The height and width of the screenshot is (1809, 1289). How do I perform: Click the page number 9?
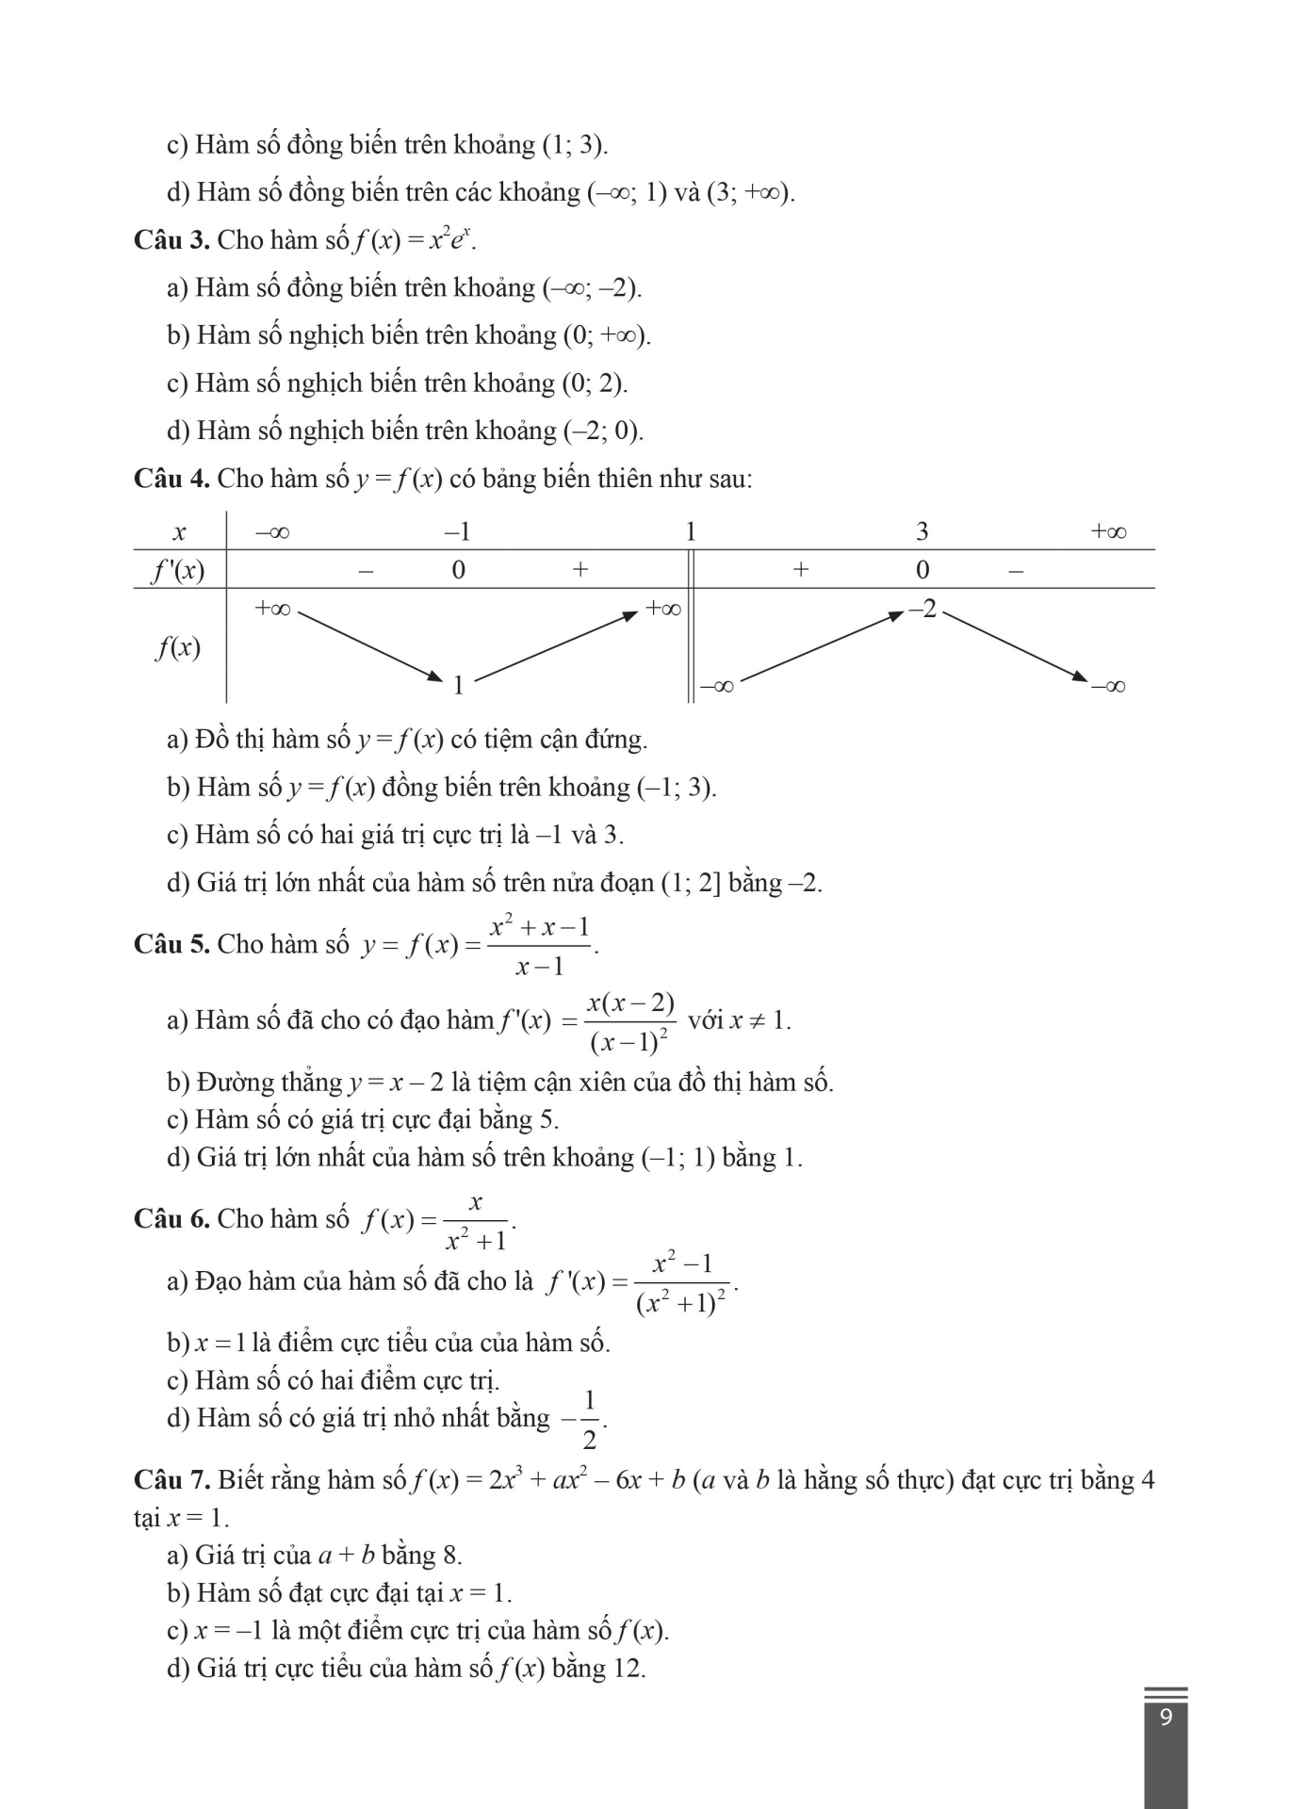click(1166, 1717)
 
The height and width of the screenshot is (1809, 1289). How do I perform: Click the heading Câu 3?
click(171, 240)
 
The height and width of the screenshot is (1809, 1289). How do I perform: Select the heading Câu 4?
click(171, 479)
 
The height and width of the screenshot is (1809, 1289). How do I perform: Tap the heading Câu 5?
click(171, 944)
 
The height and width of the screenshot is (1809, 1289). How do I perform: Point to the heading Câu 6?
click(171, 1219)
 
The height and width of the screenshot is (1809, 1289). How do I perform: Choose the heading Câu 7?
click(171, 1480)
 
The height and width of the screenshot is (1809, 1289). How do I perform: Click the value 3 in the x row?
click(922, 532)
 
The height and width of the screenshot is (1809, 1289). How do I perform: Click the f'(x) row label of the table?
click(178, 570)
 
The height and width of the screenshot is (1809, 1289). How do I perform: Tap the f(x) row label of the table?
click(178, 647)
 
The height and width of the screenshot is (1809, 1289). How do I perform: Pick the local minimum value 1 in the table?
click(459, 685)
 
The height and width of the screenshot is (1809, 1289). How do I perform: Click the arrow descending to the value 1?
click(369, 645)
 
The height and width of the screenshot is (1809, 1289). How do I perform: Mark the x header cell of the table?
click(179, 532)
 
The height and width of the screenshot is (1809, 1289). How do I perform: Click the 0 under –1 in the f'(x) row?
click(458, 570)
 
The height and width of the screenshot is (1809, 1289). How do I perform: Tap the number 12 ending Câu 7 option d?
click(628, 1669)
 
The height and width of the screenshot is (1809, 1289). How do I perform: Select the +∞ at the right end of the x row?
click(1108, 532)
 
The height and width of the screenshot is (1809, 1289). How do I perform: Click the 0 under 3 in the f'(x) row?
click(922, 570)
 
